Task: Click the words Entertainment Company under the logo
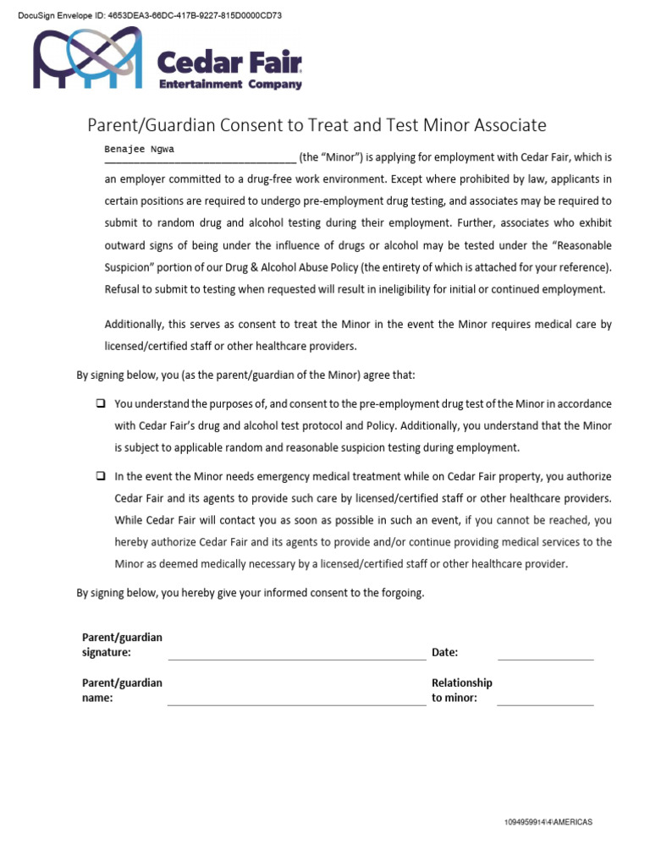(x=231, y=85)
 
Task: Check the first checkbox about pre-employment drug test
(x=100, y=403)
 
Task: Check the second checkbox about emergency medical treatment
(x=100, y=476)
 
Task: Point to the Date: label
(x=445, y=652)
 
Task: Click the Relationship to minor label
(x=461, y=690)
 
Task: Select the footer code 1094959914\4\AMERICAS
(x=548, y=822)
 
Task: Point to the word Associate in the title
(x=506, y=125)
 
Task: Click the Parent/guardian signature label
(x=122, y=644)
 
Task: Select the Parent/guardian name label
(x=122, y=690)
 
